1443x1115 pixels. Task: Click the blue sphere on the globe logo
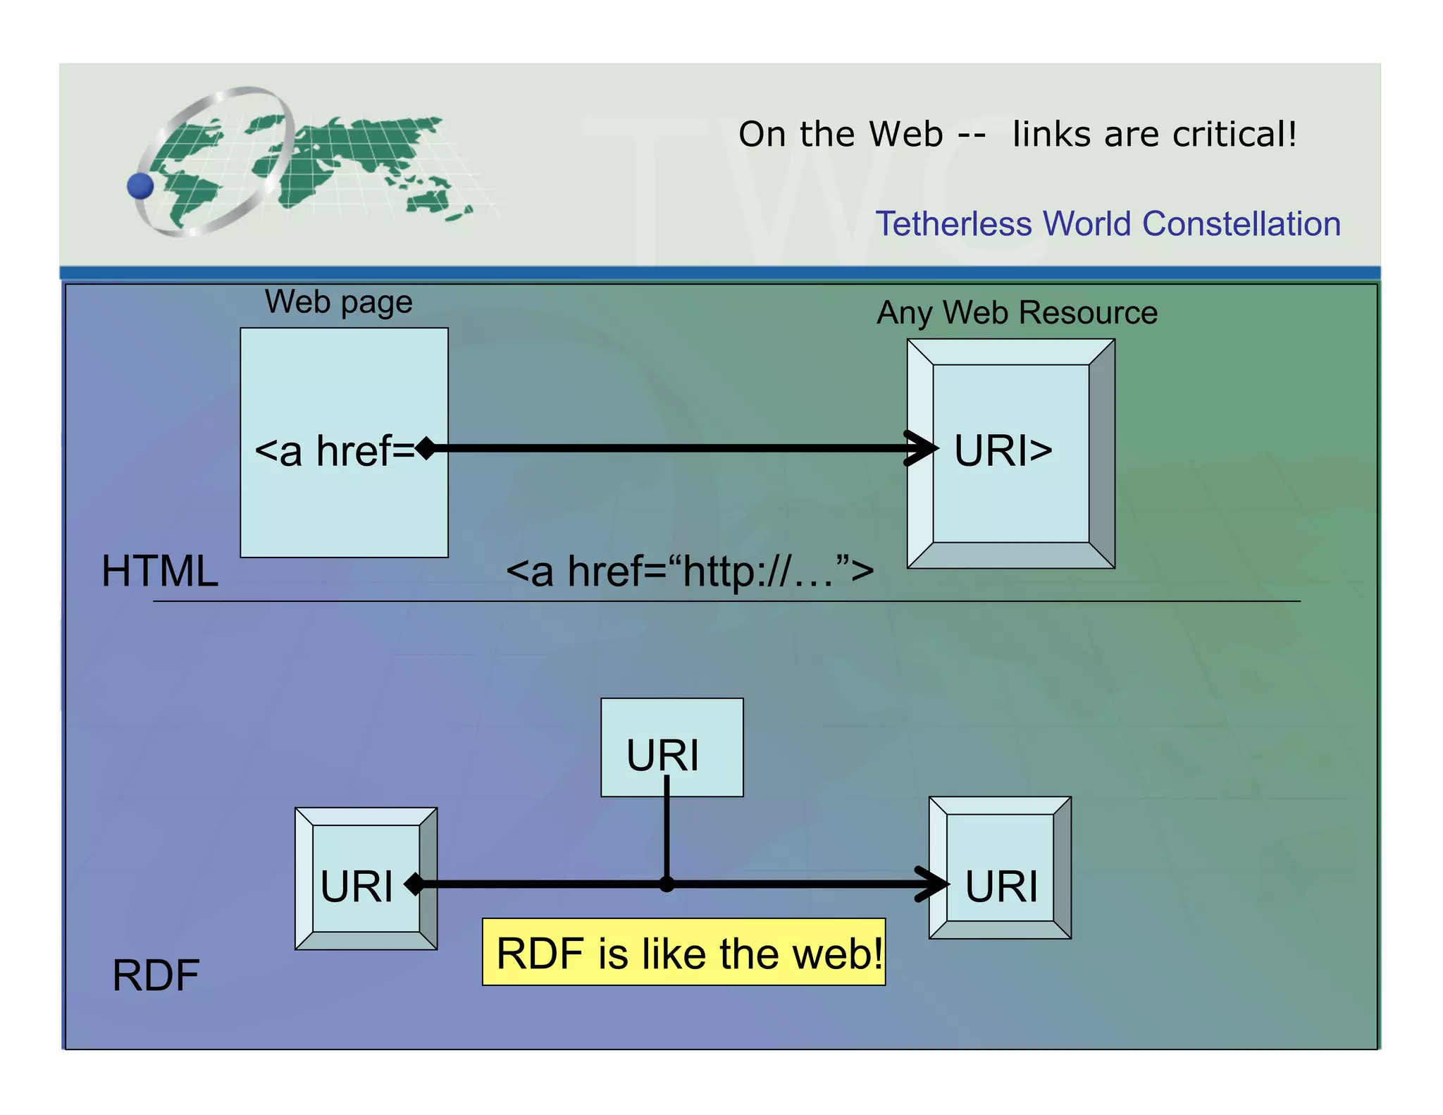point(140,186)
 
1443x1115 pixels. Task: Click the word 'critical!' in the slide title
point(1234,134)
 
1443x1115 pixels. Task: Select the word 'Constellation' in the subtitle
point(1241,224)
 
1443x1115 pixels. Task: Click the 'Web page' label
point(338,302)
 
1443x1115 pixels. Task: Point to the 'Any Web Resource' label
point(1017,312)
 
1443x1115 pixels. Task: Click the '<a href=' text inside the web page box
point(334,451)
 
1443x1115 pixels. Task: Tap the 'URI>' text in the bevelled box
point(1003,451)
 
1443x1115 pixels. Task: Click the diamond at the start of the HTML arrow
point(426,448)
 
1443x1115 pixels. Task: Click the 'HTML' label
point(159,571)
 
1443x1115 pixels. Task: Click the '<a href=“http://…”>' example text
point(689,571)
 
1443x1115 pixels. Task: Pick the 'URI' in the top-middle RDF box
point(662,756)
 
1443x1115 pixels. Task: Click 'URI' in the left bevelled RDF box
point(357,886)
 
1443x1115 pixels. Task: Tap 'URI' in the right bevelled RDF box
point(1001,886)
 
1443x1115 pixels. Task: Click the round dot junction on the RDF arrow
point(667,884)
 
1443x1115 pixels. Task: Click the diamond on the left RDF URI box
point(415,884)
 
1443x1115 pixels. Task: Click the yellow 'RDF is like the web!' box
point(683,952)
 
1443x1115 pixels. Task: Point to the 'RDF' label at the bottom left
point(156,975)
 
